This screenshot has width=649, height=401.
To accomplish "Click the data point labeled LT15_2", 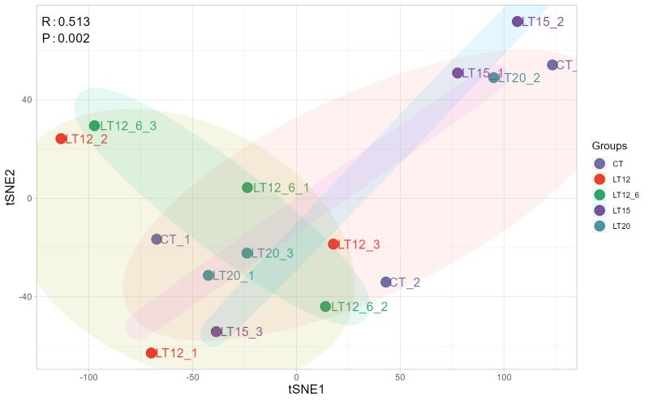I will (x=518, y=21).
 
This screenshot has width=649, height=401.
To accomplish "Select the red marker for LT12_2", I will (x=61, y=139).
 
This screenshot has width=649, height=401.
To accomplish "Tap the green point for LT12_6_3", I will (x=94, y=126).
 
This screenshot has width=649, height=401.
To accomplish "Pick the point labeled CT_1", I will (x=157, y=239).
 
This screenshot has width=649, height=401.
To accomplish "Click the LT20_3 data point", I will (x=247, y=253).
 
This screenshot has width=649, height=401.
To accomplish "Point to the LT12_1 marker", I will (x=151, y=353).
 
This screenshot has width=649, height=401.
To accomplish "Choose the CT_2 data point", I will (x=386, y=282).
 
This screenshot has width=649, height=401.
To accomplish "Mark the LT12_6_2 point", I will (x=325, y=307).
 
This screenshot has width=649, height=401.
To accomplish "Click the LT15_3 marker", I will (x=216, y=332).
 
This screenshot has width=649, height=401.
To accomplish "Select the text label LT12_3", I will (x=359, y=244).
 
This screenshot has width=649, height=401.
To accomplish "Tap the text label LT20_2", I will (x=519, y=78).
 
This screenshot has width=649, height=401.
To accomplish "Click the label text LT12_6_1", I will (x=281, y=188).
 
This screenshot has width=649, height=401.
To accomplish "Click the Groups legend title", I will (x=609, y=146).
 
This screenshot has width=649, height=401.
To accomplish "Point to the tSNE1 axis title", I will (x=307, y=390).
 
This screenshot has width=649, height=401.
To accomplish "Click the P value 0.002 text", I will (x=66, y=38).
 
